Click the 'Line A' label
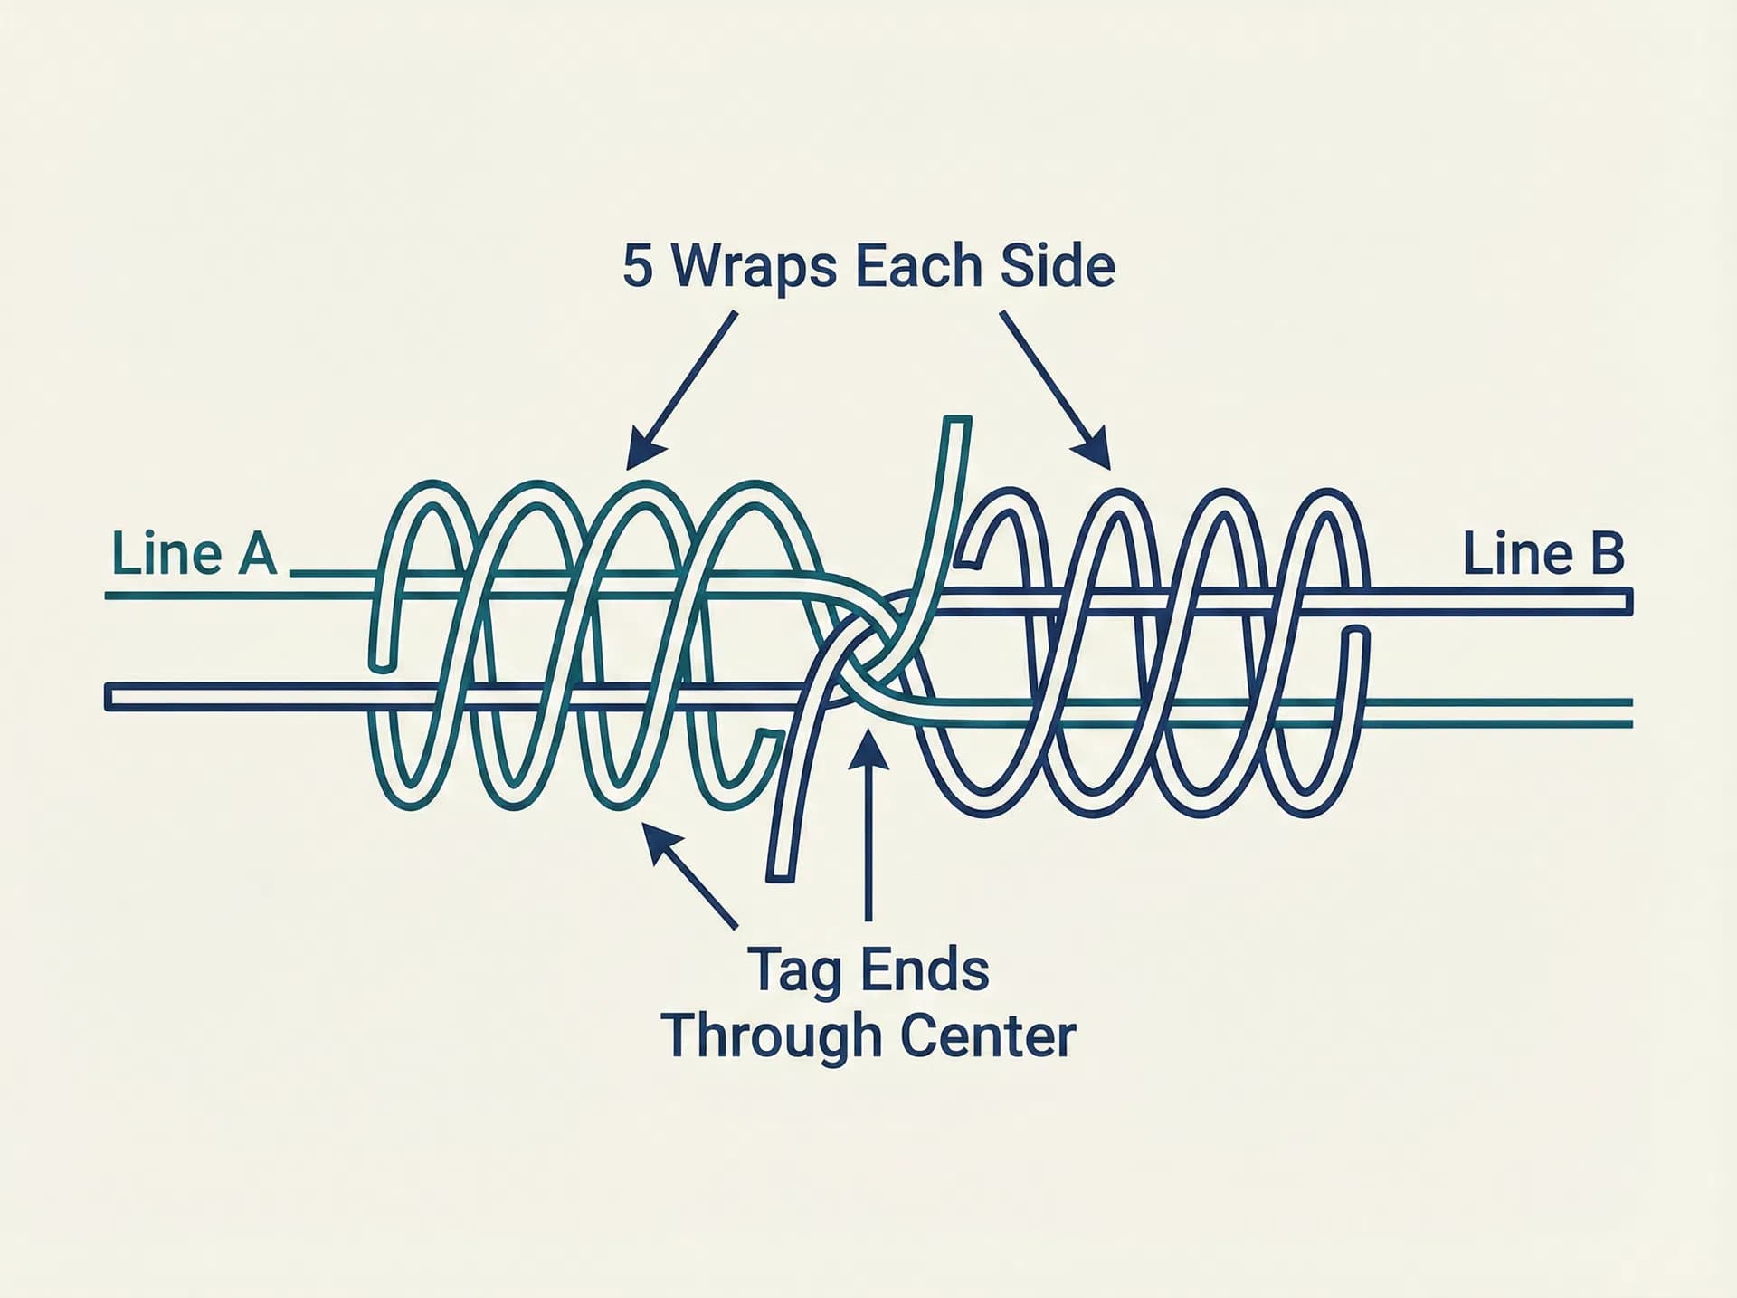pos(194,554)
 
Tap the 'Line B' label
pos(1543,554)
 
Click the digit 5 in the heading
pos(638,266)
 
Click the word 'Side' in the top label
pos(1058,266)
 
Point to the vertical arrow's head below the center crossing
pos(868,748)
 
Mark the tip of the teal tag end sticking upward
pos(957,420)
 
